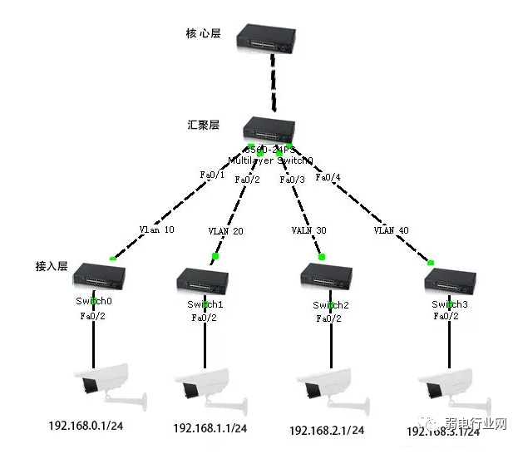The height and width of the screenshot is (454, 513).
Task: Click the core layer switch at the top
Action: pyautogui.click(x=266, y=37)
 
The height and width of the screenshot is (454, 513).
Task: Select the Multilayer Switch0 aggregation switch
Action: pyautogui.click(x=269, y=129)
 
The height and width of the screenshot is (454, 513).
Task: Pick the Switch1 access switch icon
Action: pyautogui.click(x=203, y=280)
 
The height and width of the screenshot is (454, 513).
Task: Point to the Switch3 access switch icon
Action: pyautogui.click(x=449, y=279)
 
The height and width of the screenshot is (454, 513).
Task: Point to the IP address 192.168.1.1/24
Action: pyautogui.click(x=210, y=428)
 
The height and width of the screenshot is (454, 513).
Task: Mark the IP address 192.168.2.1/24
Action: pyautogui.click(x=327, y=431)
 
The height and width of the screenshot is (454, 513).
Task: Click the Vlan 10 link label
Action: pyautogui.click(x=156, y=229)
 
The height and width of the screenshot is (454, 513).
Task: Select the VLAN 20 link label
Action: pyautogui.click(x=225, y=230)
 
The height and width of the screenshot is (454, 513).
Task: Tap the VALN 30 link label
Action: pyautogui.click(x=309, y=230)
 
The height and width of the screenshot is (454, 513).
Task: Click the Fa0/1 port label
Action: pyautogui.click(x=213, y=175)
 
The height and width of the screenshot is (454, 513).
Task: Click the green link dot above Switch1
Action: pyautogui.click(x=215, y=256)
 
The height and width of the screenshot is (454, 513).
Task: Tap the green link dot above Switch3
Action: pyautogui.click(x=431, y=263)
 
